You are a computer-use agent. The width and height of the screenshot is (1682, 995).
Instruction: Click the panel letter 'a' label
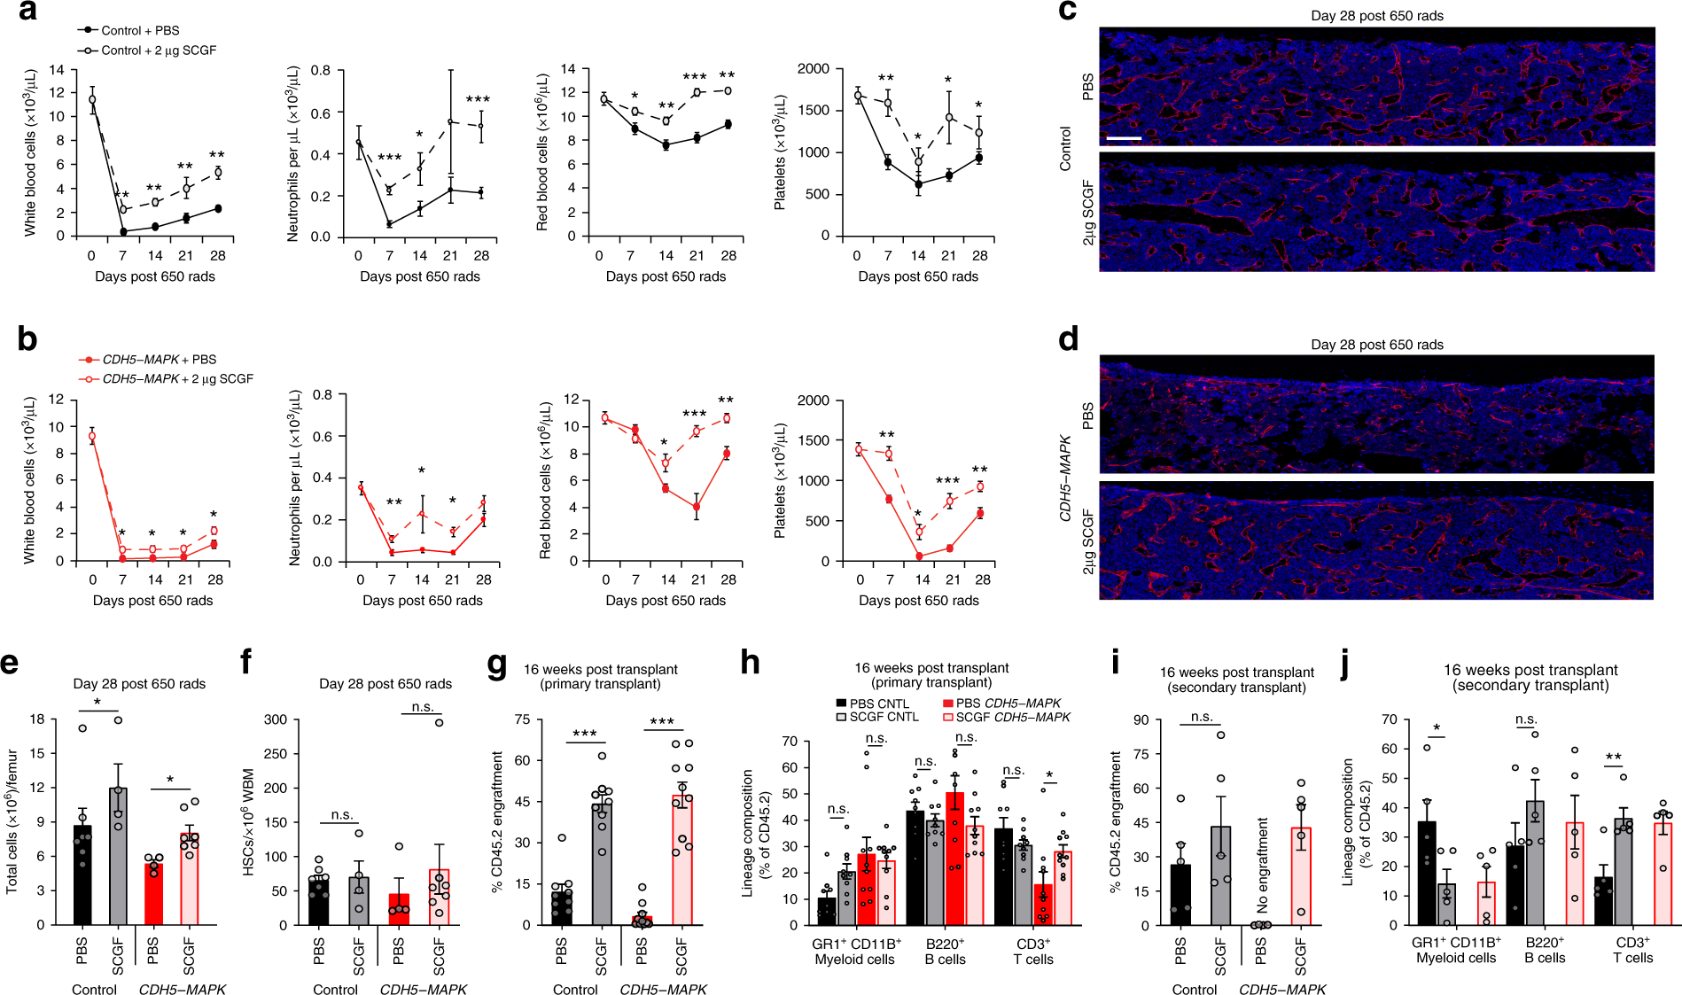pyautogui.click(x=27, y=12)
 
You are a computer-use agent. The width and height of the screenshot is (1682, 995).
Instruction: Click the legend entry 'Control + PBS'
pyautogui.click(x=140, y=30)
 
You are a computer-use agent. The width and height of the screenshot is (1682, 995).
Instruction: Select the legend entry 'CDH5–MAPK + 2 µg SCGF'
pyautogui.click(x=177, y=378)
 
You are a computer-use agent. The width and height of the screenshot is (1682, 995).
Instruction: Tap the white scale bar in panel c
pyautogui.click(x=1124, y=138)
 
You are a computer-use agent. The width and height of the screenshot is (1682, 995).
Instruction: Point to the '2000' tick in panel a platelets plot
pyautogui.click(x=814, y=69)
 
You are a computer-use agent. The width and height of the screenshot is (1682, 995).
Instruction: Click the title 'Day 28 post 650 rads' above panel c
pyautogui.click(x=1377, y=16)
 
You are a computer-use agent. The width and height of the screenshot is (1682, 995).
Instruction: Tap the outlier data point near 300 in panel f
pyautogui.click(x=439, y=722)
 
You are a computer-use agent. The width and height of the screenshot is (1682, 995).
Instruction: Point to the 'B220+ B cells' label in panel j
pyautogui.click(x=1545, y=950)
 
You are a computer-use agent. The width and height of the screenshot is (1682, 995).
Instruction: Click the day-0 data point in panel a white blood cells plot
pyautogui.click(x=92, y=99)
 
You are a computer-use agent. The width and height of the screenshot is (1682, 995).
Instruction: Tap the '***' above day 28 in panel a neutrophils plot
pyautogui.click(x=478, y=100)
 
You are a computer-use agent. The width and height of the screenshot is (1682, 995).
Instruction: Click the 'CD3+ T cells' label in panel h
pyautogui.click(x=1033, y=952)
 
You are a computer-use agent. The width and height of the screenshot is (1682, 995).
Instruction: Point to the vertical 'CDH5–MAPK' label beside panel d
pyautogui.click(x=1066, y=478)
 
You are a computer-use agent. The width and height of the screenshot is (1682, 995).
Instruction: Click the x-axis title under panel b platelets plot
pyautogui.click(x=918, y=601)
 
